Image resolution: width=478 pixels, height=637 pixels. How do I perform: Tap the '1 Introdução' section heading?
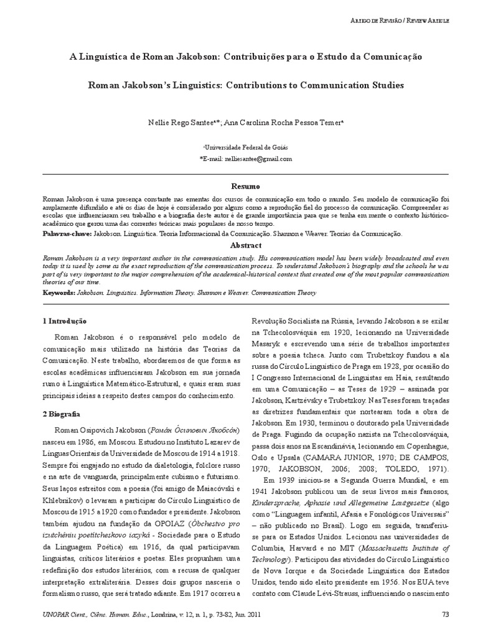(x=64, y=322)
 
